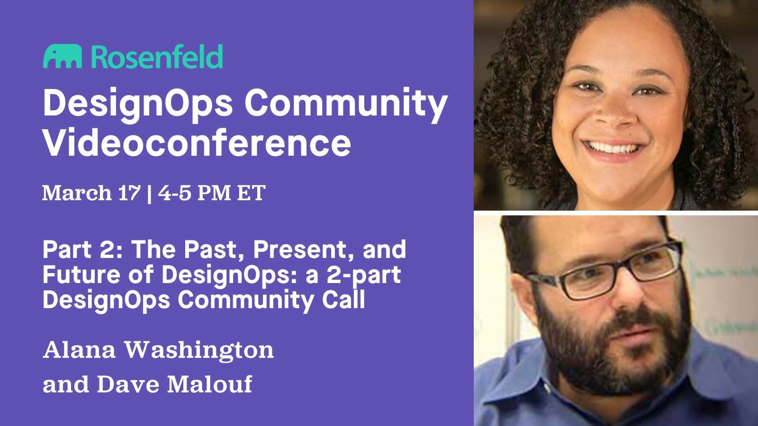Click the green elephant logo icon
tap(62, 57)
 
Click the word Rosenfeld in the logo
tap(156, 57)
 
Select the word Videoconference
tap(197, 143)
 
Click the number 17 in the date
tap(129, 193)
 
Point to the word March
tap(77, 193)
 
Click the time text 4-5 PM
tap(194, 193)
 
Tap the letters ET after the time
tap(251, 193)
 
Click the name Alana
tap(79, 350)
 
